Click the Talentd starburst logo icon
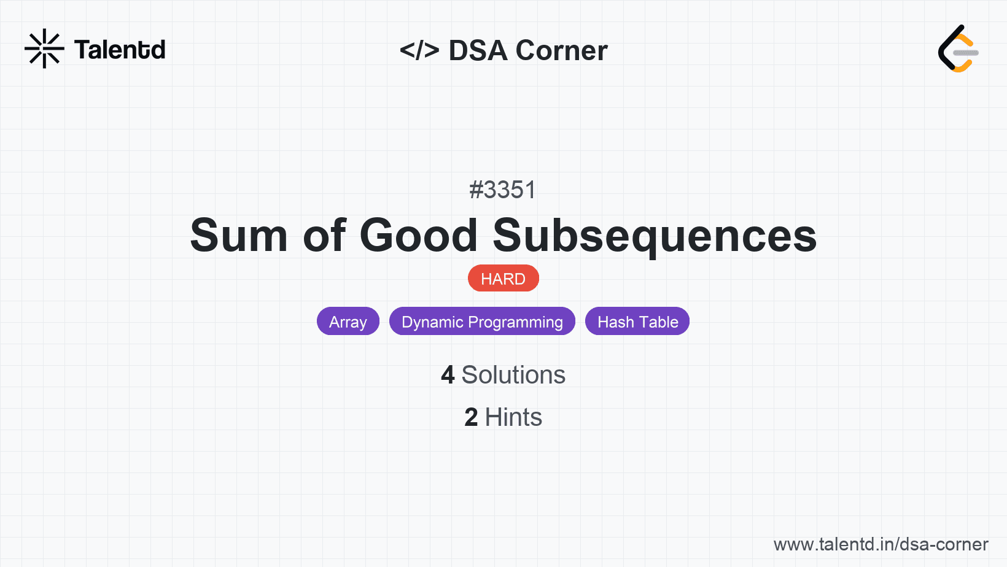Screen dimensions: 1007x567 (44, 48)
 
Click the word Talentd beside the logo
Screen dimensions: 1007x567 (120, 50)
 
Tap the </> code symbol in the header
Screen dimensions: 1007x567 (419, 50)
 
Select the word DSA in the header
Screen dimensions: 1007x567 (478, 50)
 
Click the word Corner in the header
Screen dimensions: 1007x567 (561, 50)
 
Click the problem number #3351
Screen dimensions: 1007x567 (503, 190)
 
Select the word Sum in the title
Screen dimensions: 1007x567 (239, 236)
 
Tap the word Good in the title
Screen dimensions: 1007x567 (419, 236)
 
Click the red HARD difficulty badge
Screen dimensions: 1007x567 (503, 279)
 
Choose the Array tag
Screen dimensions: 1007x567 (348, 322)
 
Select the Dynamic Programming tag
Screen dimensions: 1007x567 (482, 322)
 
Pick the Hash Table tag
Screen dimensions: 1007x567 (637, 322)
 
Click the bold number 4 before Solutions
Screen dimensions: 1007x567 (448, 375)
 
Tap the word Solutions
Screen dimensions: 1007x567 (513, 375)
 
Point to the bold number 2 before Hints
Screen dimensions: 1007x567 (471, 417)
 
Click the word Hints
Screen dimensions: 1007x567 (513, 417)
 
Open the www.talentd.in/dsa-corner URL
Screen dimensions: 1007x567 (881, 544)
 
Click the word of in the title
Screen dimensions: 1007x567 (324, 236)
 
